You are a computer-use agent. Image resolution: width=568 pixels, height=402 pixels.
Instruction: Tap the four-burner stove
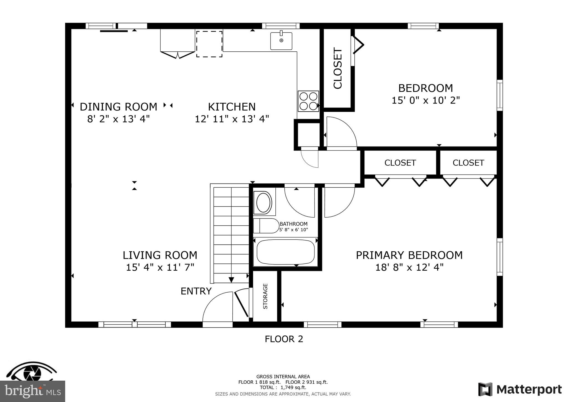click(x=308, y=101)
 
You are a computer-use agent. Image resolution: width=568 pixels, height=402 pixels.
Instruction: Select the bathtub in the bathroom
click(x=285, y=252)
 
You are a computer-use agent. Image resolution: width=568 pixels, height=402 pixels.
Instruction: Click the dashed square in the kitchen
click(x=209, y=44)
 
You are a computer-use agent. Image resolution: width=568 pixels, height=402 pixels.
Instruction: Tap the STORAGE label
click(x=265, y=296)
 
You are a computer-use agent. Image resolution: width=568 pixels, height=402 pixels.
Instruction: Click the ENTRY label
click(x=196, y=291)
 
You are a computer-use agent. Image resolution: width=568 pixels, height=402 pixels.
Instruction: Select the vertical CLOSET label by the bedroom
click(x=338, y=68)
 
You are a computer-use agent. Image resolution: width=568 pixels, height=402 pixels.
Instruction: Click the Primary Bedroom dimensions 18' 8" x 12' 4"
click(x=409, y=267)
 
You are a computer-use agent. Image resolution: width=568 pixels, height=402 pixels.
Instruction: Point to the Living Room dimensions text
click(x=160, y=267)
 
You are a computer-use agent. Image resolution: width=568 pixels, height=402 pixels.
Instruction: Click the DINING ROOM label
click(x=118, y=107)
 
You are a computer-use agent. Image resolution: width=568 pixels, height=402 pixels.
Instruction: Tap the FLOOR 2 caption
click(x=284, y=339)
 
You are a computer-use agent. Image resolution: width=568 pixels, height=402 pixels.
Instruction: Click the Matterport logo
click(x=520, y=390)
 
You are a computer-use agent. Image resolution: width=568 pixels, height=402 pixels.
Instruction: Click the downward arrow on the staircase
click(x=231, y=280)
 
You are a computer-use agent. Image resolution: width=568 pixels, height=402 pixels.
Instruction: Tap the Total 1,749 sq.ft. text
click(x=283, y=388)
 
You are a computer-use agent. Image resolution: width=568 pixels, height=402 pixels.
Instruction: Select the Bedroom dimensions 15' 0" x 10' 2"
click(x=425, y=100)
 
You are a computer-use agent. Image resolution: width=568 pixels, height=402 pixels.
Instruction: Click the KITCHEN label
click(x=232, y=107)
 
